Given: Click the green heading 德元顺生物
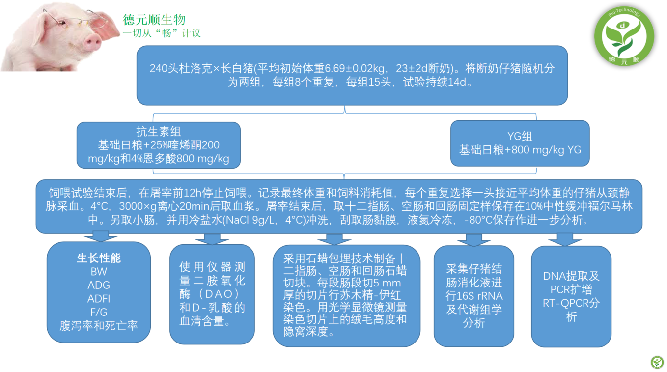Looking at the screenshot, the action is [154, 20].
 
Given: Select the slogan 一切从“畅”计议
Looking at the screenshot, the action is [162, 33].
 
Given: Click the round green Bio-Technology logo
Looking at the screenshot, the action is [623, 36].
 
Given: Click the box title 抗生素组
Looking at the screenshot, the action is [159, 131].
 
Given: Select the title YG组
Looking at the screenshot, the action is [520, 136].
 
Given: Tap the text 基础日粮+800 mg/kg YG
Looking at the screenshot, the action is [520, 150].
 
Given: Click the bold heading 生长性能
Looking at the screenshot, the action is [99, 258].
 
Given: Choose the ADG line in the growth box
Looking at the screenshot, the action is [99, 285].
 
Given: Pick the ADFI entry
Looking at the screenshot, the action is [99, 298].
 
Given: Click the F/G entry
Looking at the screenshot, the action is [99, 312].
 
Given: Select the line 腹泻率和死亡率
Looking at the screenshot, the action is [99, 325].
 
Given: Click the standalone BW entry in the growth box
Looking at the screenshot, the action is [99, 272].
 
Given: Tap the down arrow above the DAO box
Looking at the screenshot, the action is [212, 239].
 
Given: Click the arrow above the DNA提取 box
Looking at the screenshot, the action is [565, 239].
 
